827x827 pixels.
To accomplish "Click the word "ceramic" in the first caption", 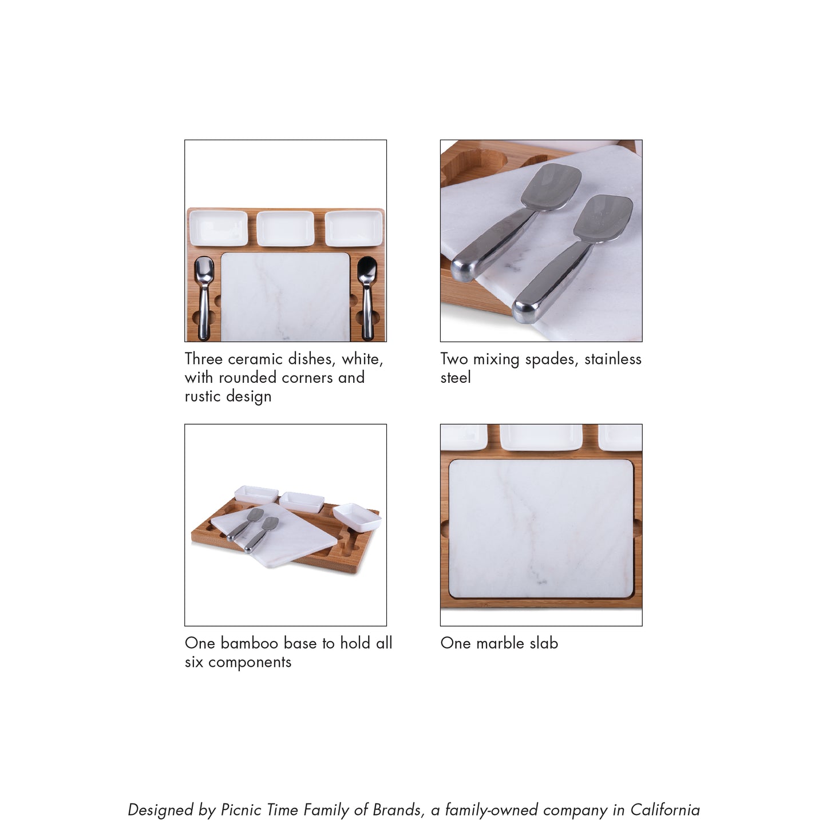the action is coord(255,359).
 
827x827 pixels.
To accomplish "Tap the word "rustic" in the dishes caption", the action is coord(203,396).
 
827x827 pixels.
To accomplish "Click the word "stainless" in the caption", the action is coord(614,359).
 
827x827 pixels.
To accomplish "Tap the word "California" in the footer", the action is coord(665,810).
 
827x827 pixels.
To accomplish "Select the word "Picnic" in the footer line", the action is coord(241,810).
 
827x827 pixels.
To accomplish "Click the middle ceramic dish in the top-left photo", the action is coord(286,228).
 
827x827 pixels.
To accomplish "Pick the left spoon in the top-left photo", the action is coord(204,297).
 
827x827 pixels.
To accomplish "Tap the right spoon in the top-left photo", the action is coord(367,297).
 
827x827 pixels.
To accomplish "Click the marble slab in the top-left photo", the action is coord(286,297).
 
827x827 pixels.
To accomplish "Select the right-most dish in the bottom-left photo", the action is coord(357,517).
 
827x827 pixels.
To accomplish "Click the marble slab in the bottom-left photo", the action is coord(274,536).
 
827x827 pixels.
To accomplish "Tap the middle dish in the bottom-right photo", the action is coord(541,437).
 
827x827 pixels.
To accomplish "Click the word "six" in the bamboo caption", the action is coord(194,662).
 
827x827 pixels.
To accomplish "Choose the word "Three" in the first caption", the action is coord(203,359).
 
